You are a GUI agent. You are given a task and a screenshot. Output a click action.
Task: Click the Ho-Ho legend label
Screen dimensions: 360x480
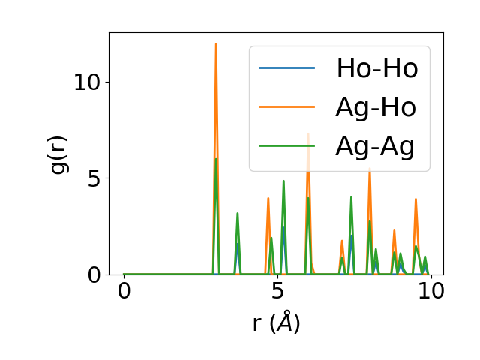coord(376,68)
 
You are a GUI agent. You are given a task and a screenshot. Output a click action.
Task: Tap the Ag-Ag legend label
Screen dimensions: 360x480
coord(376,147)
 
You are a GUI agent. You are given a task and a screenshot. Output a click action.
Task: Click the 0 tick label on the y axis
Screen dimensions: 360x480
coord(94,274)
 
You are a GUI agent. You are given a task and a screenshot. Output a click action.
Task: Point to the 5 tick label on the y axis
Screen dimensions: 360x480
coord(94,178)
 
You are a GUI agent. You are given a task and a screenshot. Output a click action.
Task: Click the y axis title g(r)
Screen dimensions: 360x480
coord(59,154)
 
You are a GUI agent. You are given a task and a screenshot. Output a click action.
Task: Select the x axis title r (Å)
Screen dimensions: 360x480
coord(276,322)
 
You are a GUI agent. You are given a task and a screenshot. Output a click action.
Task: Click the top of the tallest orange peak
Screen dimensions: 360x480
coord(216,43)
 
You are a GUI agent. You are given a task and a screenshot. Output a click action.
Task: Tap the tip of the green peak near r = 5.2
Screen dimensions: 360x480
coord(283,181)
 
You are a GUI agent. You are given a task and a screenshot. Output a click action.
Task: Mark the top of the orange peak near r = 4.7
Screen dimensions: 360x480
coord(268,198)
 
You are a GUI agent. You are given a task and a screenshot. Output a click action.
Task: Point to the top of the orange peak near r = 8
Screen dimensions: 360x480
coord(370,169)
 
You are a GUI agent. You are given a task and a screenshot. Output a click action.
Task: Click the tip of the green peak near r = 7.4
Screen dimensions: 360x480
coord(351,197)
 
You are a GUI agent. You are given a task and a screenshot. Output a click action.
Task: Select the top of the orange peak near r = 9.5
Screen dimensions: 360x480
coord(415,199)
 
